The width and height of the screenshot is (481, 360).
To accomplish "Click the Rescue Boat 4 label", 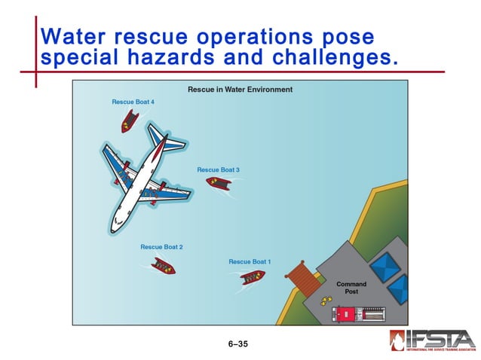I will [x=133, y=102].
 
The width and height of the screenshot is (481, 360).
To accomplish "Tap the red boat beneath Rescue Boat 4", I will [x=130, y=121].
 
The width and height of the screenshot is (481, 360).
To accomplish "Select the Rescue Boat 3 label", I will [x=218, y=170].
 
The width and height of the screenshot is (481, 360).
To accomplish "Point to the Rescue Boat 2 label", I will [x=161, y=247].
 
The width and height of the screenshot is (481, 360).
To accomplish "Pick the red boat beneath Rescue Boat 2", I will [x=163, y=265].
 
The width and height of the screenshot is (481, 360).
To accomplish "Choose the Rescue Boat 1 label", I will [x=250, y=262].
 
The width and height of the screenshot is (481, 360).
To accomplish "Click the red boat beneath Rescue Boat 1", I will [x=253, y=277].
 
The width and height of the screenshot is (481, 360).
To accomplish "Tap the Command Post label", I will [x=351, y=288].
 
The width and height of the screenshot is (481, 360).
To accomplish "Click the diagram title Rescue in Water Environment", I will [x=240, y=90].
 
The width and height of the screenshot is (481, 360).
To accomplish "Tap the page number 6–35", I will [x=238, y=344].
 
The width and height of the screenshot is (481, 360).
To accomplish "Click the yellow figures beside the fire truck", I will [x=326, y=301].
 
